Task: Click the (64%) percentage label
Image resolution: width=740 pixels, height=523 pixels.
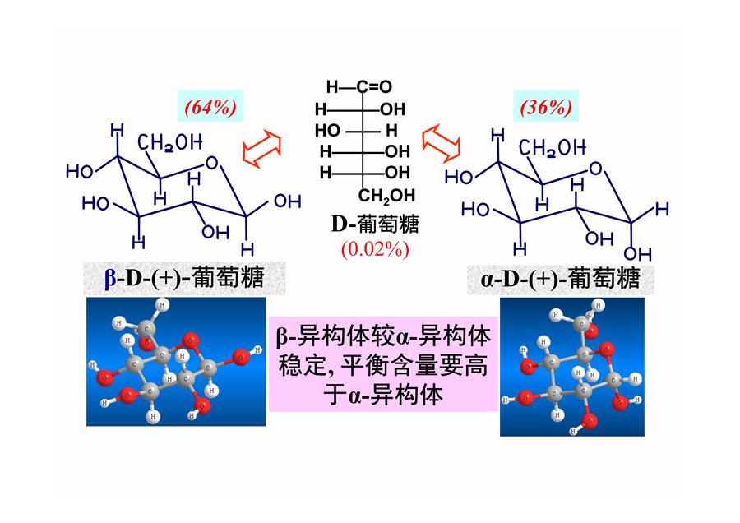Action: click(210, 107)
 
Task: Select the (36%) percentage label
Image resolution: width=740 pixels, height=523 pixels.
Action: click(546, 107)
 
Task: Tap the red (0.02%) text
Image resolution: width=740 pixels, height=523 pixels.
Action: click(375, 249)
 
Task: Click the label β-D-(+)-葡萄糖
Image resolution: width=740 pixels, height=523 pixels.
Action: click(184, 278)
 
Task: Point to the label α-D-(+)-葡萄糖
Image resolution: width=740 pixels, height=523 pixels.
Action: click(560, 279)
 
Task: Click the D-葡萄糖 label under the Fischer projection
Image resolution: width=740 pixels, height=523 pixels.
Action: click(375, 224)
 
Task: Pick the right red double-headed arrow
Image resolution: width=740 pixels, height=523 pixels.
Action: click(442, 143)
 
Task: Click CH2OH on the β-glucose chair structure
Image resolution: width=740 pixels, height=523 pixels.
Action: click(170, 142)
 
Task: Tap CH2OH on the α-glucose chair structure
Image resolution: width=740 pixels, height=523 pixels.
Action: click(553, 148)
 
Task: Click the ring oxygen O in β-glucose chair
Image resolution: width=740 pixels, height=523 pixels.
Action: click(212, 163)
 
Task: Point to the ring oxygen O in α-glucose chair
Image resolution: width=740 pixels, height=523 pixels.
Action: click(596, 168)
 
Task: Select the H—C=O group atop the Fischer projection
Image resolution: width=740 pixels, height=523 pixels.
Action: click(359, 86)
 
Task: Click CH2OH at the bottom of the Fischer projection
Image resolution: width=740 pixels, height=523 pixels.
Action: click(386, 196)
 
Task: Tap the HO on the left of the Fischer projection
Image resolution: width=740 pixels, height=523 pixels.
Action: click(327, 130)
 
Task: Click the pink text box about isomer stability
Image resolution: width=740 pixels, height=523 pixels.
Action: click(383, 364)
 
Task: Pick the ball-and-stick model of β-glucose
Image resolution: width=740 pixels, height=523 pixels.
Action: click(176, 362)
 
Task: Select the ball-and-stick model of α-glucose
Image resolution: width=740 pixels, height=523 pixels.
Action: click(572, 367)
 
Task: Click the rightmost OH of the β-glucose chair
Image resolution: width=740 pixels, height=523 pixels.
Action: click(288, 201)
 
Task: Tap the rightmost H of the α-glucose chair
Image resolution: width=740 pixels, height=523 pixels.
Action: click(662, 209)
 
